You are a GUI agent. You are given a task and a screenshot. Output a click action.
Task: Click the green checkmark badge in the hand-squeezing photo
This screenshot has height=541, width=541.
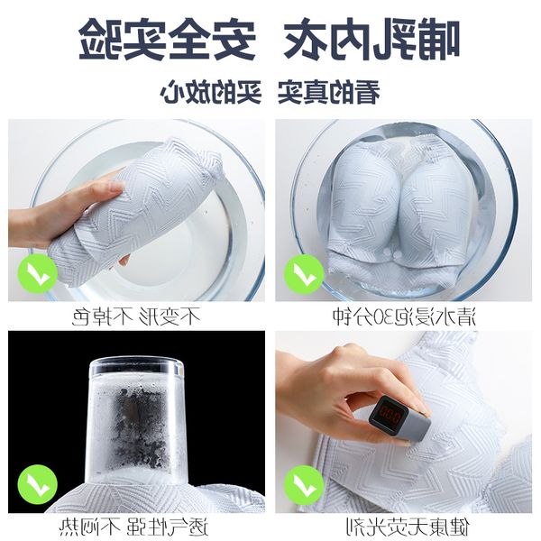click(38, 273)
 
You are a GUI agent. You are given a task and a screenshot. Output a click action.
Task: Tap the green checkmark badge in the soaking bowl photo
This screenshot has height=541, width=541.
click(304, 274)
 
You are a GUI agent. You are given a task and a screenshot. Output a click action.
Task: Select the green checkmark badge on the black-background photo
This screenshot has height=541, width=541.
click(38, 484)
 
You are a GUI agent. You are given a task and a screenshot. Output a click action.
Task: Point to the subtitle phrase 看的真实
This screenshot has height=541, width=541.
click(329, 92)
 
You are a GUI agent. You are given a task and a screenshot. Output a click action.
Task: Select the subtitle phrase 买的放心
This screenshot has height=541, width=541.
click(210, 92)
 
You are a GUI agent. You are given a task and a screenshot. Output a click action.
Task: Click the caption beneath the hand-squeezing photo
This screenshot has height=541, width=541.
click(136, 316)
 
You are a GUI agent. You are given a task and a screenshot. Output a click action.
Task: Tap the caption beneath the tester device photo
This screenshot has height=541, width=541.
click(408, 527)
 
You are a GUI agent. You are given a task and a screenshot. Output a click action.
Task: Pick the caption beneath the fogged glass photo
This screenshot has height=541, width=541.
click(133, 527)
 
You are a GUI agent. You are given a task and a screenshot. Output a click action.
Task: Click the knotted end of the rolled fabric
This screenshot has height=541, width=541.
click(210, 162)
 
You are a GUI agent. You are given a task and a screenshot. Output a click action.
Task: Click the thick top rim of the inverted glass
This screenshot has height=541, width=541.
click(136, 366)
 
